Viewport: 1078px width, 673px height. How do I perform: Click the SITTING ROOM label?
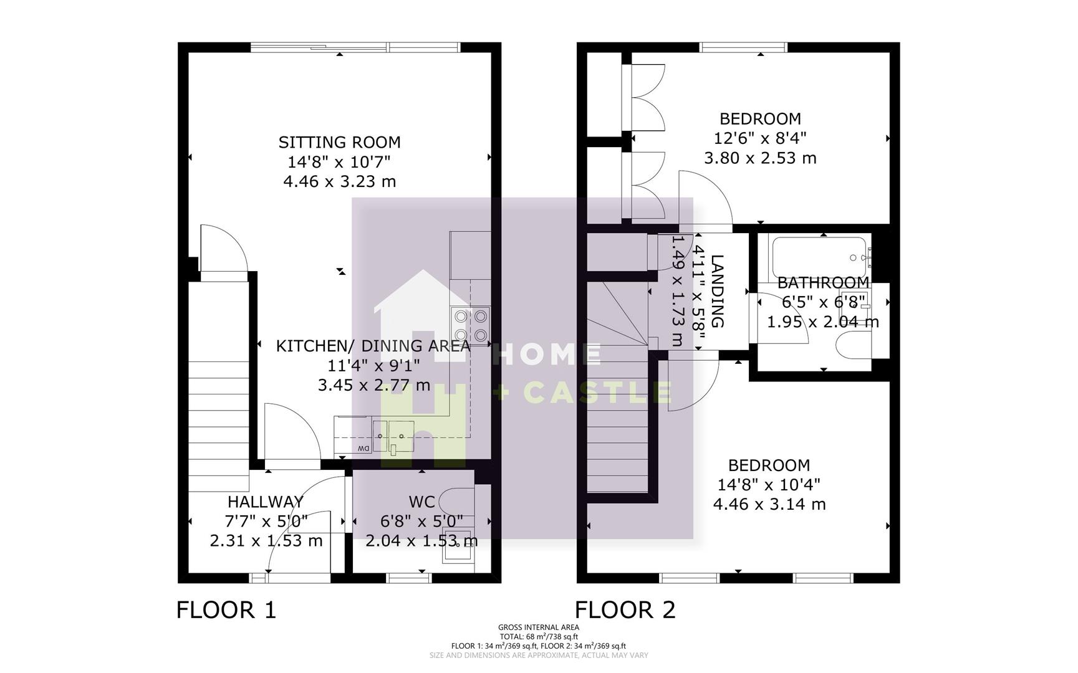(339, 142)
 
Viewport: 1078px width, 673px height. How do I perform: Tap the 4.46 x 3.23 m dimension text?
(339, 181)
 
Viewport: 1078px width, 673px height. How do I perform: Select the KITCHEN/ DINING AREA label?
(373, 346)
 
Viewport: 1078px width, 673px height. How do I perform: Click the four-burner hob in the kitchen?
(471, 326)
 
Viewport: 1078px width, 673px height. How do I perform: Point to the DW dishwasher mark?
(362, 449)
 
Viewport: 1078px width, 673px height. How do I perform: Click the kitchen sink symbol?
(394, 436)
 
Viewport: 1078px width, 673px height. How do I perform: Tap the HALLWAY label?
(266, 502)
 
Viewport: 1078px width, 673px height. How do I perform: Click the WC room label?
(421, 502)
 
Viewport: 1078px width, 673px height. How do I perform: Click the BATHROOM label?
(823, 283)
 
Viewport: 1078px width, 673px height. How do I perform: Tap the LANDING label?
(717, 291)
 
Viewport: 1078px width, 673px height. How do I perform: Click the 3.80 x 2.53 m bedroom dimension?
(760, 158)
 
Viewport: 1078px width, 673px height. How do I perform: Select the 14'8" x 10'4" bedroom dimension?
(769, 484)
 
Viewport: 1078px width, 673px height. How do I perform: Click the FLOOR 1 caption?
(226, 609)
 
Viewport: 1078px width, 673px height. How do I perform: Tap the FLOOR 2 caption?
(625, 609)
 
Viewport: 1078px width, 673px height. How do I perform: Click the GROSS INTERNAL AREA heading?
(539, 628)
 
